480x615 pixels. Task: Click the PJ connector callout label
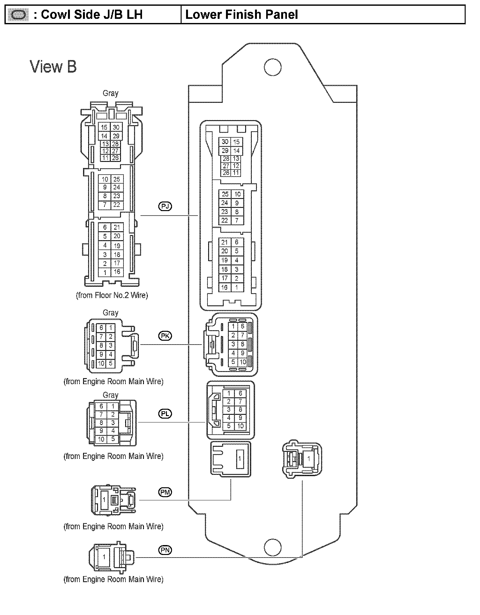[165, 206]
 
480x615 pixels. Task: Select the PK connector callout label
[165, 336]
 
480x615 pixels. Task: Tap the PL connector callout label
[165, 414]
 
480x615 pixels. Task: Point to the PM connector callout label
[165, 492]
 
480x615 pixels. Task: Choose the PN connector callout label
[165, 550]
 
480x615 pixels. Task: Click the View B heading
[53, 67]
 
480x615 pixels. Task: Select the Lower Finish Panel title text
[242, 15]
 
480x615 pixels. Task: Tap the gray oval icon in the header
[18, 15]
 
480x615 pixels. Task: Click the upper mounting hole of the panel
[273, 67]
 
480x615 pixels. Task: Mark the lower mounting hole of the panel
[273, 547]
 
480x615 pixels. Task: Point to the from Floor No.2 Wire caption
[112, 295]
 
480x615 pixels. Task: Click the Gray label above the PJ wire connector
[110, 93]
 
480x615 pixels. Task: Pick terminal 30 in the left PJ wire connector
[116, 127]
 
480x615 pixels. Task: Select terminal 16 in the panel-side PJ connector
[225, 287]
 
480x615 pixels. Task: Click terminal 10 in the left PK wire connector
[101, 363]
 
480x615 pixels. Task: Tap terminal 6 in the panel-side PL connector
[240, 393]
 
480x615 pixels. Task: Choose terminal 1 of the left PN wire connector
[104, 557]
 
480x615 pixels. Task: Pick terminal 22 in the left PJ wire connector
[116, 205]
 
